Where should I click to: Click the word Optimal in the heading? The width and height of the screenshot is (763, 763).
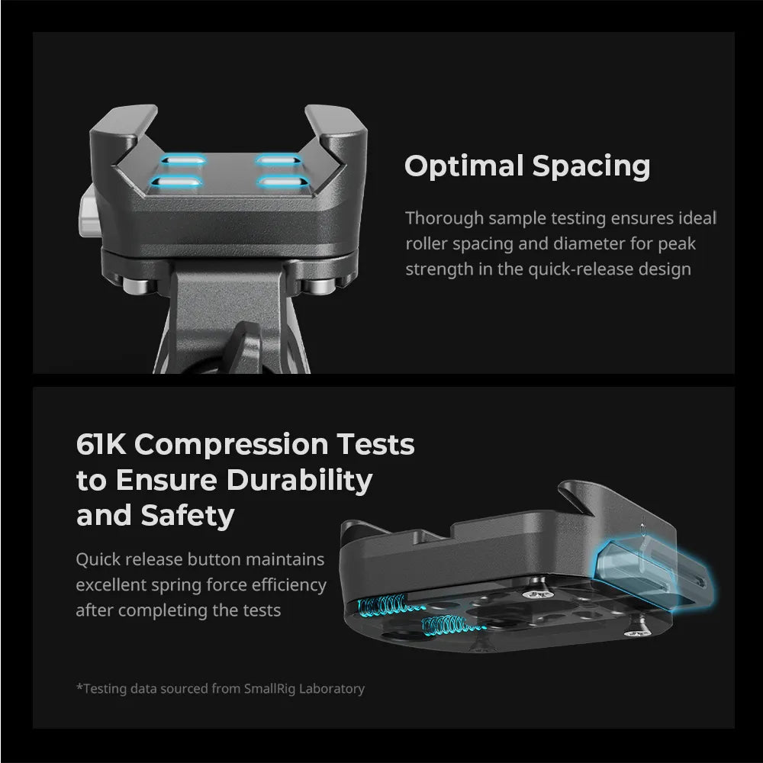pos(464,167)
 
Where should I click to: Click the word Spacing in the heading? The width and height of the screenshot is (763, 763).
pos(591,167)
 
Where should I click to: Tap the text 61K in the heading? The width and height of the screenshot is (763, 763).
pos(101,444)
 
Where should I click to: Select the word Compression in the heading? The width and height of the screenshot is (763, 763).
pos(231,446)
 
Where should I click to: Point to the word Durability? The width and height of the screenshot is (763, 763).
pos(299,481)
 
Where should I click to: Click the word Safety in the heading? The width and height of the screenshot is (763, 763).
pos(188,516)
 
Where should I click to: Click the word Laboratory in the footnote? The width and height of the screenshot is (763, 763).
pos(332,689)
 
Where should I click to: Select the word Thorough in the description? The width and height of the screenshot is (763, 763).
pos(444,218)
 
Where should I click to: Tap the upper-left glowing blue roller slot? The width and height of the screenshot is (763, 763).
pos(183,159)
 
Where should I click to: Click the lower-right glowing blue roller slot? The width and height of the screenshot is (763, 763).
pos(282,182)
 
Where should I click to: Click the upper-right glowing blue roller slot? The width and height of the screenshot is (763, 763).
pos(278,159)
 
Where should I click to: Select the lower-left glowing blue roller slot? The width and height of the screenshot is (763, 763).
pos(176,182)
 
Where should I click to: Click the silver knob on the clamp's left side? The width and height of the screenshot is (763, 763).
pos(87,211)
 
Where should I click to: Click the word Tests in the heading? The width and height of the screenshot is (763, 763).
pos(375,444)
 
